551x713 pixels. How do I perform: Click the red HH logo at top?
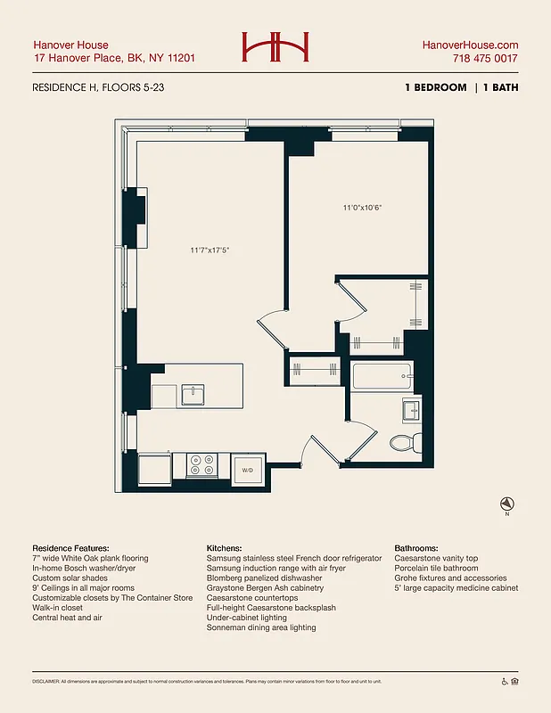tap(275, 47)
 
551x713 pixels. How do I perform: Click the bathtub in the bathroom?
tap(382, 376)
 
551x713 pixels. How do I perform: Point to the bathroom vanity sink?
tap(412, 410)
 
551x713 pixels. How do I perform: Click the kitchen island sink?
tap(193, 394)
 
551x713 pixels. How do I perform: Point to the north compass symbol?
tap(506, 504)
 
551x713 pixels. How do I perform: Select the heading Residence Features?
tap(70, 547)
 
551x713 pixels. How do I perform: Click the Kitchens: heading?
tap(227, 547)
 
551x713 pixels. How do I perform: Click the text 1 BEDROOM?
tap(434, 87)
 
